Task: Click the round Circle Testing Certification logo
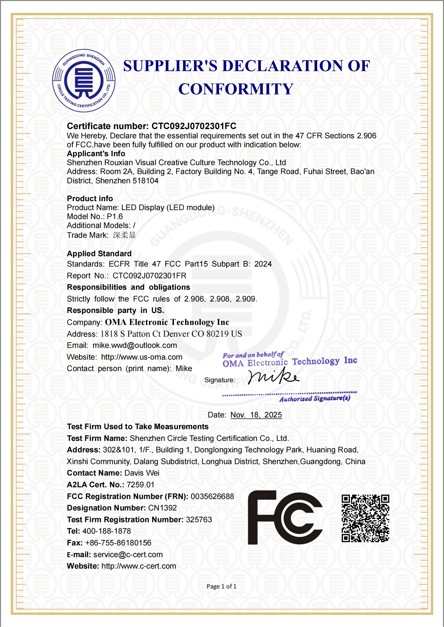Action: [84, 81]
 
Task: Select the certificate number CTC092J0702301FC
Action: [194, 126]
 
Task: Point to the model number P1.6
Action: [115, 217]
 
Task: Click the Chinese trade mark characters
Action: [124, 235]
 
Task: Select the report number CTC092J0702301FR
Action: [149, 276]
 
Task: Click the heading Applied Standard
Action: [99, 254]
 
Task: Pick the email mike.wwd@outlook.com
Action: [135, 345]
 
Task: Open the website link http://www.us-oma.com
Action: [141, 357]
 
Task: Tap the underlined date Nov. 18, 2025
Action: [256, 415]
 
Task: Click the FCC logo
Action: [285, 517]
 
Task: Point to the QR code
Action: [365, 518]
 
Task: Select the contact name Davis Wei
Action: [142, 473]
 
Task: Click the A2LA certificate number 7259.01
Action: [140, 485]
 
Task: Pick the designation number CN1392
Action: [162, 508]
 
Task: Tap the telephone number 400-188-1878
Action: [107, 531]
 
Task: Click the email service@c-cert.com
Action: [128, 555]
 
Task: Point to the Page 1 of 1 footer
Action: [221, 586]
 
